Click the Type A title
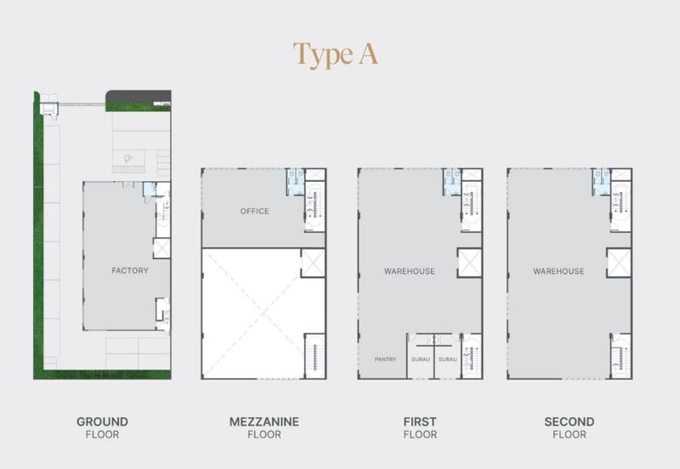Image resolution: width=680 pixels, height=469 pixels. click(335, 54)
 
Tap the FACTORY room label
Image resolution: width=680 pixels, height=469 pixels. click(130, 270)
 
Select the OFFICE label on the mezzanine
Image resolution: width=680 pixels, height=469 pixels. click(254, 211)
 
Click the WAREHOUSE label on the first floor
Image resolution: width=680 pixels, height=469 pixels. click(410, 271)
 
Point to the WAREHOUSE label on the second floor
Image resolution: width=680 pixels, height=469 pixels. click(558, 271)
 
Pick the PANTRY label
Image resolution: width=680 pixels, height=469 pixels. click(385, 359)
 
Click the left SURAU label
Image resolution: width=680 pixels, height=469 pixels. click(421, 359)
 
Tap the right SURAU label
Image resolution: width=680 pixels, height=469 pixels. click(448, 359)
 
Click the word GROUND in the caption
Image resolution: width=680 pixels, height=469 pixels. click(102, 421)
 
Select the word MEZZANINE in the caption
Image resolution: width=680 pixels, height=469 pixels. click(264, 421)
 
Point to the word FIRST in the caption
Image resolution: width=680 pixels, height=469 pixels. click(420, 421)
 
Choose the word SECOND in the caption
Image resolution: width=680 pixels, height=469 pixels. click(569, 421)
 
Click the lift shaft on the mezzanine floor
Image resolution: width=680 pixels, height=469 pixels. click(313, 263)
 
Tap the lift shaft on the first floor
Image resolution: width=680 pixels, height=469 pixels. click(470, 263)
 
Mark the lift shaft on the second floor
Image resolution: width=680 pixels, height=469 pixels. click(619, 263)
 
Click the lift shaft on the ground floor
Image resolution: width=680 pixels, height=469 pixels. click(161, 248)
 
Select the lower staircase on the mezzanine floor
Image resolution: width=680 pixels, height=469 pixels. click(314, 356)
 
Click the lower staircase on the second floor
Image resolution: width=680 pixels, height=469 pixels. click(621, 356)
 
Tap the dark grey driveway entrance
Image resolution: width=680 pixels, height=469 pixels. click(139, 98)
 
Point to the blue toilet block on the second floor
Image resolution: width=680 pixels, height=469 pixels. click(601, 182)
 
